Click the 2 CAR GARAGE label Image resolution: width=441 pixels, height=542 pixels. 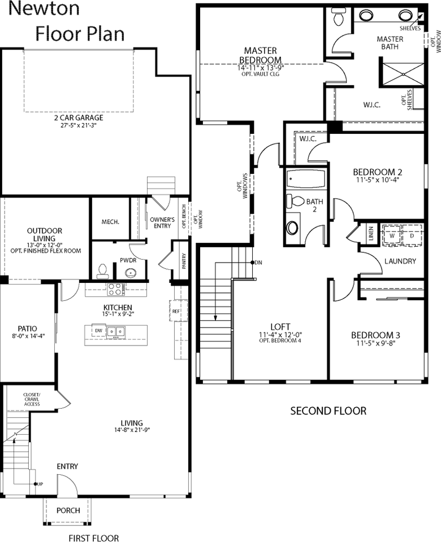point(78,118)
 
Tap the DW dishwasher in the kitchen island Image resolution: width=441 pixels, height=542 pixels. point(98,331)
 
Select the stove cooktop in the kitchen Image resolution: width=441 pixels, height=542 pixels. point(116,289)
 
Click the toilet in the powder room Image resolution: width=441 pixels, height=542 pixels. point(102,272)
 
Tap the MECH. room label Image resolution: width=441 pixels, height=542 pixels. point(110,222)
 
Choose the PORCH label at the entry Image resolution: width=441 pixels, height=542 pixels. point(68,510)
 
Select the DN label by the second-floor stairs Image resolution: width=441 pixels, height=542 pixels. point(258,263)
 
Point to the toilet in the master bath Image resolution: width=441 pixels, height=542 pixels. point(338,19)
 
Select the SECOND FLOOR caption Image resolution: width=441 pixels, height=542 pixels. point(328,411)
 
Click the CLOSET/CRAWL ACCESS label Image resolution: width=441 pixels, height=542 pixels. point(31,399)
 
